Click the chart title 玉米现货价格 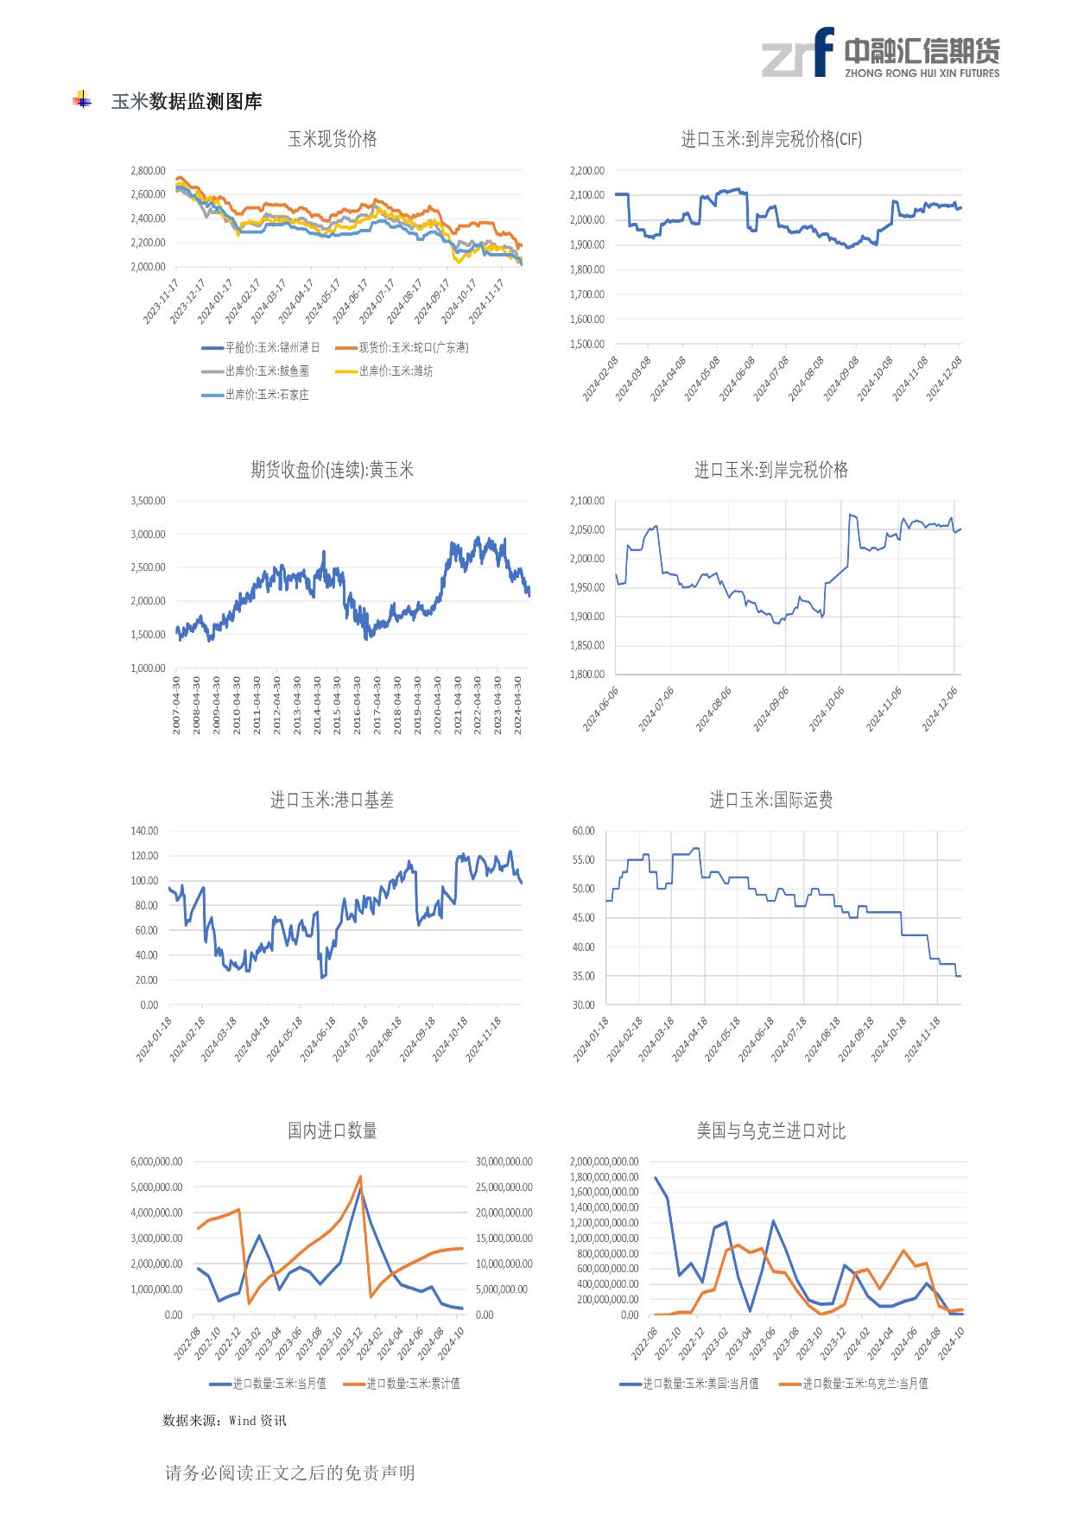click(x=333, y=139)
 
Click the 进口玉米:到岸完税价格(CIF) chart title click(x=771, y=139)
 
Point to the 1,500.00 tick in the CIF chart click(x=587, y=344)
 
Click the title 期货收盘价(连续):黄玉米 click(x=333, y=470)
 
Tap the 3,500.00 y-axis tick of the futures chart click(x=148, y=501)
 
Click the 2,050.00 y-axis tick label click(x=587, y=529)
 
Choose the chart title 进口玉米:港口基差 click(x=333, y=801)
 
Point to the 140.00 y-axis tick click(x=145, y=831)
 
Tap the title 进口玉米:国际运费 click(x=771, y=801)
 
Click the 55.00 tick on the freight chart click(x=584, y=860)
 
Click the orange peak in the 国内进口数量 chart click(x=360, y=1176)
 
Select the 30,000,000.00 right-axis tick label click(x=504, y=1162)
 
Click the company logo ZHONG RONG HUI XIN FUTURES click(x=881, y=52)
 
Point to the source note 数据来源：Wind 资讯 click(x=225, y=1420)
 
